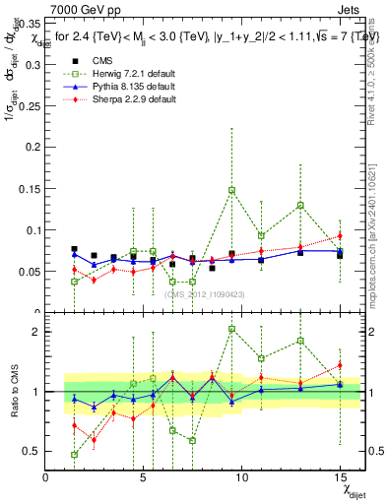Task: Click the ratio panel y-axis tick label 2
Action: (34, 332)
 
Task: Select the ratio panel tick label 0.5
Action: (31, 451)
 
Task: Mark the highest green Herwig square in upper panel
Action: (231, 190)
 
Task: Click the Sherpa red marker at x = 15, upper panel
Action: (340, 235)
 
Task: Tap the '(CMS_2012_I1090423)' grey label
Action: (204, 293)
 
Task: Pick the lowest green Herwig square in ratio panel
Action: (75, 454)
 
